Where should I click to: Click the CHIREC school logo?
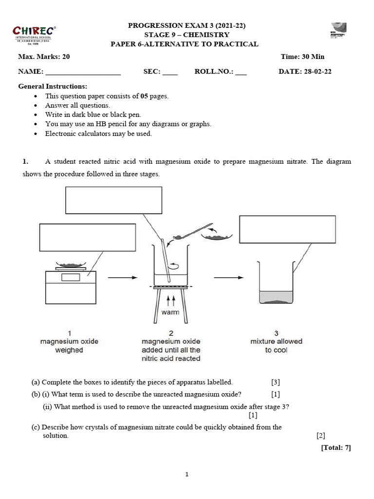(35, 34)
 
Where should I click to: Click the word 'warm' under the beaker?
(170, 312)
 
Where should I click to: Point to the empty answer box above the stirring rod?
(113, 200)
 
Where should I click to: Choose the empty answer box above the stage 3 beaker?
(282, 229)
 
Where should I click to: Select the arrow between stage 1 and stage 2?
(121, 278)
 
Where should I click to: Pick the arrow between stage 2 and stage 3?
(228, 278)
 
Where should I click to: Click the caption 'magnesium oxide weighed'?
(69, 346)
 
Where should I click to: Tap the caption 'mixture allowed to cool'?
(276, 346)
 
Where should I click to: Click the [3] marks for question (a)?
(276, 383)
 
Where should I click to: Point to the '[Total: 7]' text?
(336, 447)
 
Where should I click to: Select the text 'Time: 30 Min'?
(302, 57)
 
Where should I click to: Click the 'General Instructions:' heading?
(53, 86)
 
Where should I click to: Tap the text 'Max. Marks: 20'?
(44, 57)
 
